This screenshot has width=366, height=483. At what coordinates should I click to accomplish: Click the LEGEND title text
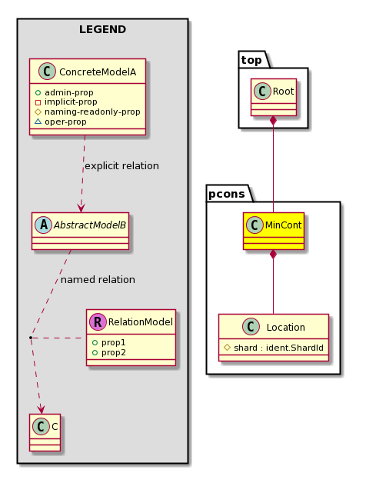coord(102,29)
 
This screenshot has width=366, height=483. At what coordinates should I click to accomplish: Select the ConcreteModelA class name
coord(98,72)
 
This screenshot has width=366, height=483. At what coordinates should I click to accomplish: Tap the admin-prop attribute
coord(68,92)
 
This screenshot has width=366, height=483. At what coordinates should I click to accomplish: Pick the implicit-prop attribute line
coord(71,102)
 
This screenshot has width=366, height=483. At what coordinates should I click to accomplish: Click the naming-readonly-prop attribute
coord(92,112)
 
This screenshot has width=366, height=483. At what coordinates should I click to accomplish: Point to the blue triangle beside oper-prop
coord(38,122)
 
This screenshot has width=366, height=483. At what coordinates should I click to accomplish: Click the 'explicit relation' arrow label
coord(121,166)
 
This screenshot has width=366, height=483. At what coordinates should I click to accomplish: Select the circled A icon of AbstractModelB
coord(43,225)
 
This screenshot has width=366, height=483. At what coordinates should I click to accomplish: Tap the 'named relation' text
coord(98,280)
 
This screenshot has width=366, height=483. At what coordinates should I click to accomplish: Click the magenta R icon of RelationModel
coord(98,322)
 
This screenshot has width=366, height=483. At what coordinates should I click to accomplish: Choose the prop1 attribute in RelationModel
coord(113,342)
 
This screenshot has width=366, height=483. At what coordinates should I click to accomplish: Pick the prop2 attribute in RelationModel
coord(113,352)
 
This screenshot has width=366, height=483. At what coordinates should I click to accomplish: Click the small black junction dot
coord(31,338)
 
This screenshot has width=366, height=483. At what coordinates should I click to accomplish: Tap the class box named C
coord(45,432)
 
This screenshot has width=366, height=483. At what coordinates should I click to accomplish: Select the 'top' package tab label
coord(251,60)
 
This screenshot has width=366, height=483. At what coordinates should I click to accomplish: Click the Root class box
coord(274,98)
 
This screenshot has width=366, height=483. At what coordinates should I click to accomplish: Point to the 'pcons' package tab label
coord(227,194)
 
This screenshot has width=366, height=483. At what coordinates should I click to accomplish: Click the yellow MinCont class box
coord(274,231)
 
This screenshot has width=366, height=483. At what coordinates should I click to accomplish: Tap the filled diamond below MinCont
coord(273,255)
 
